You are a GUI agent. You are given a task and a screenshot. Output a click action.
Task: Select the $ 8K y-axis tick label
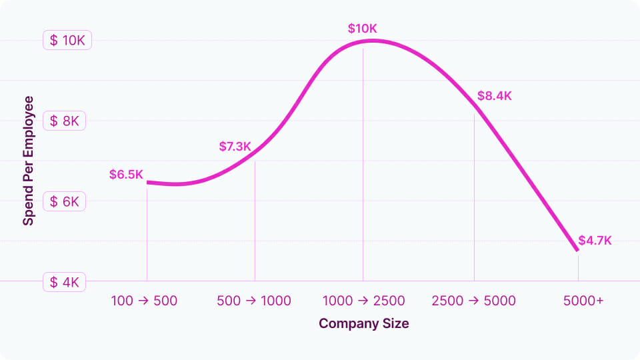[65, 121]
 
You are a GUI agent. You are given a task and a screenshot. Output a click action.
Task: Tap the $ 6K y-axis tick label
[65, 201]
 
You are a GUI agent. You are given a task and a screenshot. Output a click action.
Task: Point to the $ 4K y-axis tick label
[65, 282]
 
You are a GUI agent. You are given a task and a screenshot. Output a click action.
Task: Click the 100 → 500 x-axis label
[144, 301]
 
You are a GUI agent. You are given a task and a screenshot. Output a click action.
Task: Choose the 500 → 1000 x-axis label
[254, 301]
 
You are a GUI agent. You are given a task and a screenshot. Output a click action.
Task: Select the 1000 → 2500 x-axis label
[363, 301]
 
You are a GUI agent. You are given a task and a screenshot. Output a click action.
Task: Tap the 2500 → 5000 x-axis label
[473, 301]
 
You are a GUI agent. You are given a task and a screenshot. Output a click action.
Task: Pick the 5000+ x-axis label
[583, 301]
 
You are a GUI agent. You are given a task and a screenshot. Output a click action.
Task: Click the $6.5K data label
[126, 175]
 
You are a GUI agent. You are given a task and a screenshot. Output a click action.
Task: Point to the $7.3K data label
[235, 146]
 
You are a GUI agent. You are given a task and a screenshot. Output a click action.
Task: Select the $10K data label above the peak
[363, 29]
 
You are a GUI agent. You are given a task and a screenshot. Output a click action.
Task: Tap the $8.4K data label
[494, 95]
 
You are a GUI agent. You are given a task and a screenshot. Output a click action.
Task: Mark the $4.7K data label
[595, 240]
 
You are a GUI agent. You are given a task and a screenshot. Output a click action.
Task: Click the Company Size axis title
[363, 324]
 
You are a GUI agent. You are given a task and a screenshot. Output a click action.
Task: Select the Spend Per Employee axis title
[29, 161]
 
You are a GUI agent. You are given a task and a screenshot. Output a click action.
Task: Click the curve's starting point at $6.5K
[147, 182]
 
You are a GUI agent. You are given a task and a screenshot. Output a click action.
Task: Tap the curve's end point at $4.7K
[577, 251]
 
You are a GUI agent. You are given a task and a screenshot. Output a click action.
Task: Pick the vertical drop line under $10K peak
[363, 167]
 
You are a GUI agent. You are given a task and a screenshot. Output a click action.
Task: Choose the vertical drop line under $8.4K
[474, 200]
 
